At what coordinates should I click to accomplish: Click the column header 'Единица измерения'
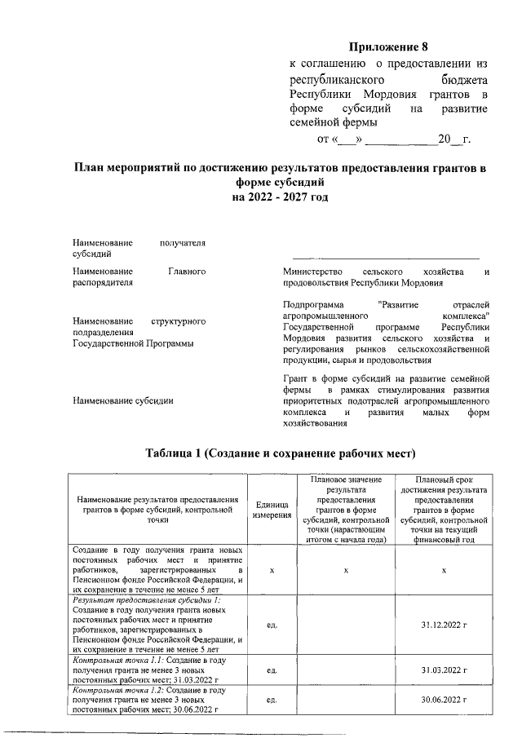click(272, 510)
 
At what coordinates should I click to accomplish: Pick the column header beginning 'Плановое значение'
click(346, 510)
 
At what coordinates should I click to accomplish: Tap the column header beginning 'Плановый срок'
click(444, 510)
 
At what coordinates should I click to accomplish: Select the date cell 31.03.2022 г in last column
click(444, 670)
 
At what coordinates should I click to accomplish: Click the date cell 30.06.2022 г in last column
click(444, 700)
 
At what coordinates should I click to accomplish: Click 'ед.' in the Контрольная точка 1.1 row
click(272, 670)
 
